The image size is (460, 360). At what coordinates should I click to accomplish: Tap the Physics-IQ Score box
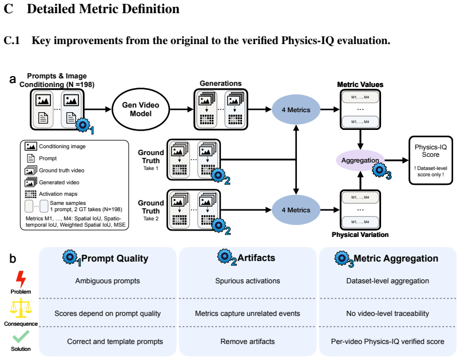click(431, 160)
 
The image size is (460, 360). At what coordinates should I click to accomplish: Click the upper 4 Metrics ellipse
click(296, 110)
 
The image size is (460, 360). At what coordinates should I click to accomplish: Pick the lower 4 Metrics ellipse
click(296, 210)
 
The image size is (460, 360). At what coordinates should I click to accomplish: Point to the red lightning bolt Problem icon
click(21, 279)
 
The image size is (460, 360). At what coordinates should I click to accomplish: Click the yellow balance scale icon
click(21, 308)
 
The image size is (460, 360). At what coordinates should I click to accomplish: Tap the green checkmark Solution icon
click(21, 337)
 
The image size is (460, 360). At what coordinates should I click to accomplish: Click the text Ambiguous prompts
click(108, 281)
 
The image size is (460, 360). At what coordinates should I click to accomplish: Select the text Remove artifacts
click(248, 342)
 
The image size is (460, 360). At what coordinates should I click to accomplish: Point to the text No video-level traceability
click(387, 313)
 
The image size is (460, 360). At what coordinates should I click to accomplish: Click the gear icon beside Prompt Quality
click(70, 258)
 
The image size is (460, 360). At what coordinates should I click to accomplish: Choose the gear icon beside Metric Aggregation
click(342, 258)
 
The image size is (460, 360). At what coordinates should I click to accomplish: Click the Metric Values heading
click(360, 85)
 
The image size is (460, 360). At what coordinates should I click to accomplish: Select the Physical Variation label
click(360, 235)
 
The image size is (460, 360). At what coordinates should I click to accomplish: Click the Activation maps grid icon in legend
click(30, 194)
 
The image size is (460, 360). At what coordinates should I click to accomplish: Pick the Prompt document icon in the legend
click(31, 159)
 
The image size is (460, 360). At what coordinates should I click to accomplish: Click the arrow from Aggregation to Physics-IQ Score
click(396, 160)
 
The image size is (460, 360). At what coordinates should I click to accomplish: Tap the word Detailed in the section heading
click(50, 9)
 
